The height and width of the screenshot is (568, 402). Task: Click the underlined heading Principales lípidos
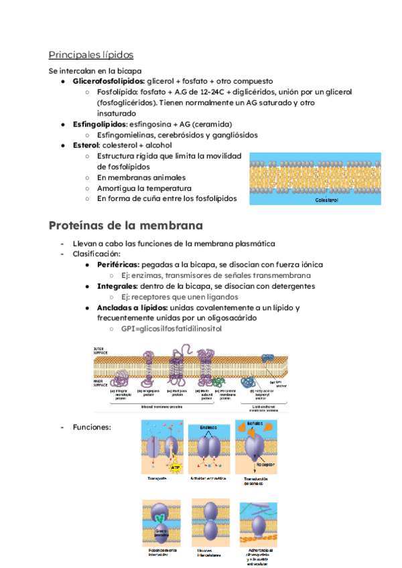(90, 55)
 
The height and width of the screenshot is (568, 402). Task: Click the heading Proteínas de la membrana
(126, 225)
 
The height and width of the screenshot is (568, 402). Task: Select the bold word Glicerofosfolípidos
(108, 81)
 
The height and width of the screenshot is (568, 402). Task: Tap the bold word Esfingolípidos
(99, 125)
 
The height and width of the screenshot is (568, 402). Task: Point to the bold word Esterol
(86, 145)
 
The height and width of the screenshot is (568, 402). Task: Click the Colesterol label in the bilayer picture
(326, 200)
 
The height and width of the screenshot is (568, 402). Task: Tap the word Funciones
(92, 427)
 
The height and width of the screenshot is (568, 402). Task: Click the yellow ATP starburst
(175, 466)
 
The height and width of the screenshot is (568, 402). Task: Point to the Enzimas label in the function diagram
(210, 427)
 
